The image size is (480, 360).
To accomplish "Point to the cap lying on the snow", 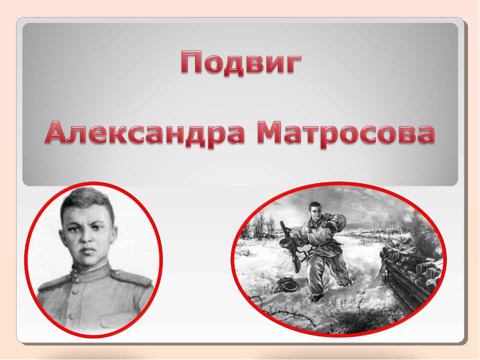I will pyautogui.click(x=286, y=284).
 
